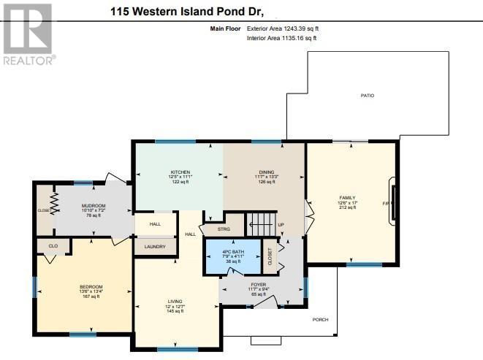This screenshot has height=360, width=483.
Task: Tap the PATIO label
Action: pyautogui.click(x=367, y=96)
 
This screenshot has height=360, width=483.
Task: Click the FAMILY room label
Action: pyautogui.click(x=347, y=198)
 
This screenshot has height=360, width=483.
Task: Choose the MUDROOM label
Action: pyautogui.click(x=94, y=206)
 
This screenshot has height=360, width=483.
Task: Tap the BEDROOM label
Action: pyautogui.click(x=91, y=286)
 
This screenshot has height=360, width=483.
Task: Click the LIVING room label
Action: pyautogui.click(x=175, y=303)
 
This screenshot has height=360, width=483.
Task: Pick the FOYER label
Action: pyautogui.click(x=258, y=284)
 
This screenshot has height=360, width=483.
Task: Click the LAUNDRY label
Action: pyautogui.click(x=155, y=247)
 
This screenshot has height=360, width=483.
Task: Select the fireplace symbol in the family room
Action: pyautogui.click(x=394, y=203)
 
